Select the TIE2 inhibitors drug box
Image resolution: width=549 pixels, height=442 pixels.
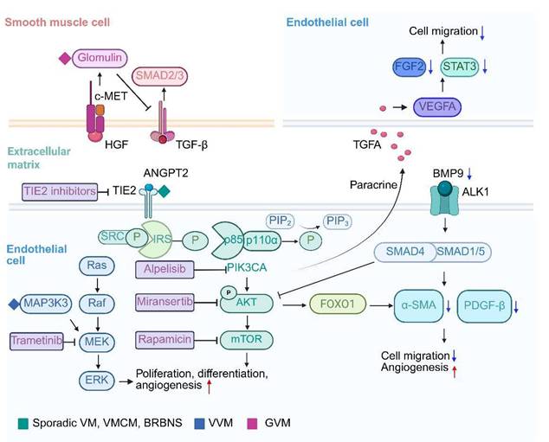(x=58, y=191)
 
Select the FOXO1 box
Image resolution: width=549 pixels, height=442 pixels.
(x=340, y=305)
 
